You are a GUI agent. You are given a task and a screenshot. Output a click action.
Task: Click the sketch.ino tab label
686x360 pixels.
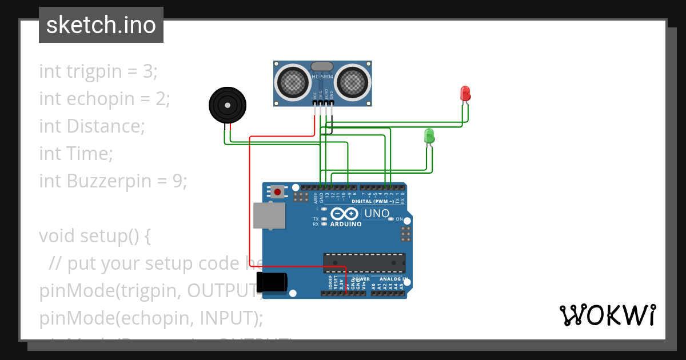tap(101, 25)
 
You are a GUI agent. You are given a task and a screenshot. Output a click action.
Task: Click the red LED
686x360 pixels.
tap(465, 93)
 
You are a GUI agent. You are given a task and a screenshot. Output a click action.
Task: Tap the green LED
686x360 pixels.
tap(429, 136)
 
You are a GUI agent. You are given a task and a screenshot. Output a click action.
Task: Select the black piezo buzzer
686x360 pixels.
tap(228, 105)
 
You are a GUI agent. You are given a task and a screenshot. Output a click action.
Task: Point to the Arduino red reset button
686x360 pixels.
tap(278, 191)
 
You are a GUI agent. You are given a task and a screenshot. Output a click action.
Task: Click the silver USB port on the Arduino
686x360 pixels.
tap(269, 216)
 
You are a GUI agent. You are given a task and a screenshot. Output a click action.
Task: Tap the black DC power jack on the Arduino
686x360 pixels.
tap(272, 282)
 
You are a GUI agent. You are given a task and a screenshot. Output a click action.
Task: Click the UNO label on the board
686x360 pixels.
tap(377, 214)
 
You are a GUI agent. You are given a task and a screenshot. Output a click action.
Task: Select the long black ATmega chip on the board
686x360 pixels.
tap(364, 263)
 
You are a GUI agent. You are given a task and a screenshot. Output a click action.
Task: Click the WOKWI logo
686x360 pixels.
tap(607, 315)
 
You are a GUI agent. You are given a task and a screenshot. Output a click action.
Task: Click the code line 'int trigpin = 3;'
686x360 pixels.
tap(98, 71)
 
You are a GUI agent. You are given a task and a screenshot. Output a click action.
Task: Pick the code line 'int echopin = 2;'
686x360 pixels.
tap(105, 99)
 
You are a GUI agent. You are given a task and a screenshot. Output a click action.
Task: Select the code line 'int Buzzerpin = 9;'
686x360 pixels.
tap(113, 181)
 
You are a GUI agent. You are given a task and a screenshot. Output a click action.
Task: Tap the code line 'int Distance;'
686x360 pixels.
tap(92, 126)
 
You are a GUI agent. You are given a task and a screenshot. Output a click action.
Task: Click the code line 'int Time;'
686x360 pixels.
tap(76, 154)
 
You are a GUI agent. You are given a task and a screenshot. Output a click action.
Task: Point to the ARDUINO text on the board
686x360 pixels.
tap(346, 224)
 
